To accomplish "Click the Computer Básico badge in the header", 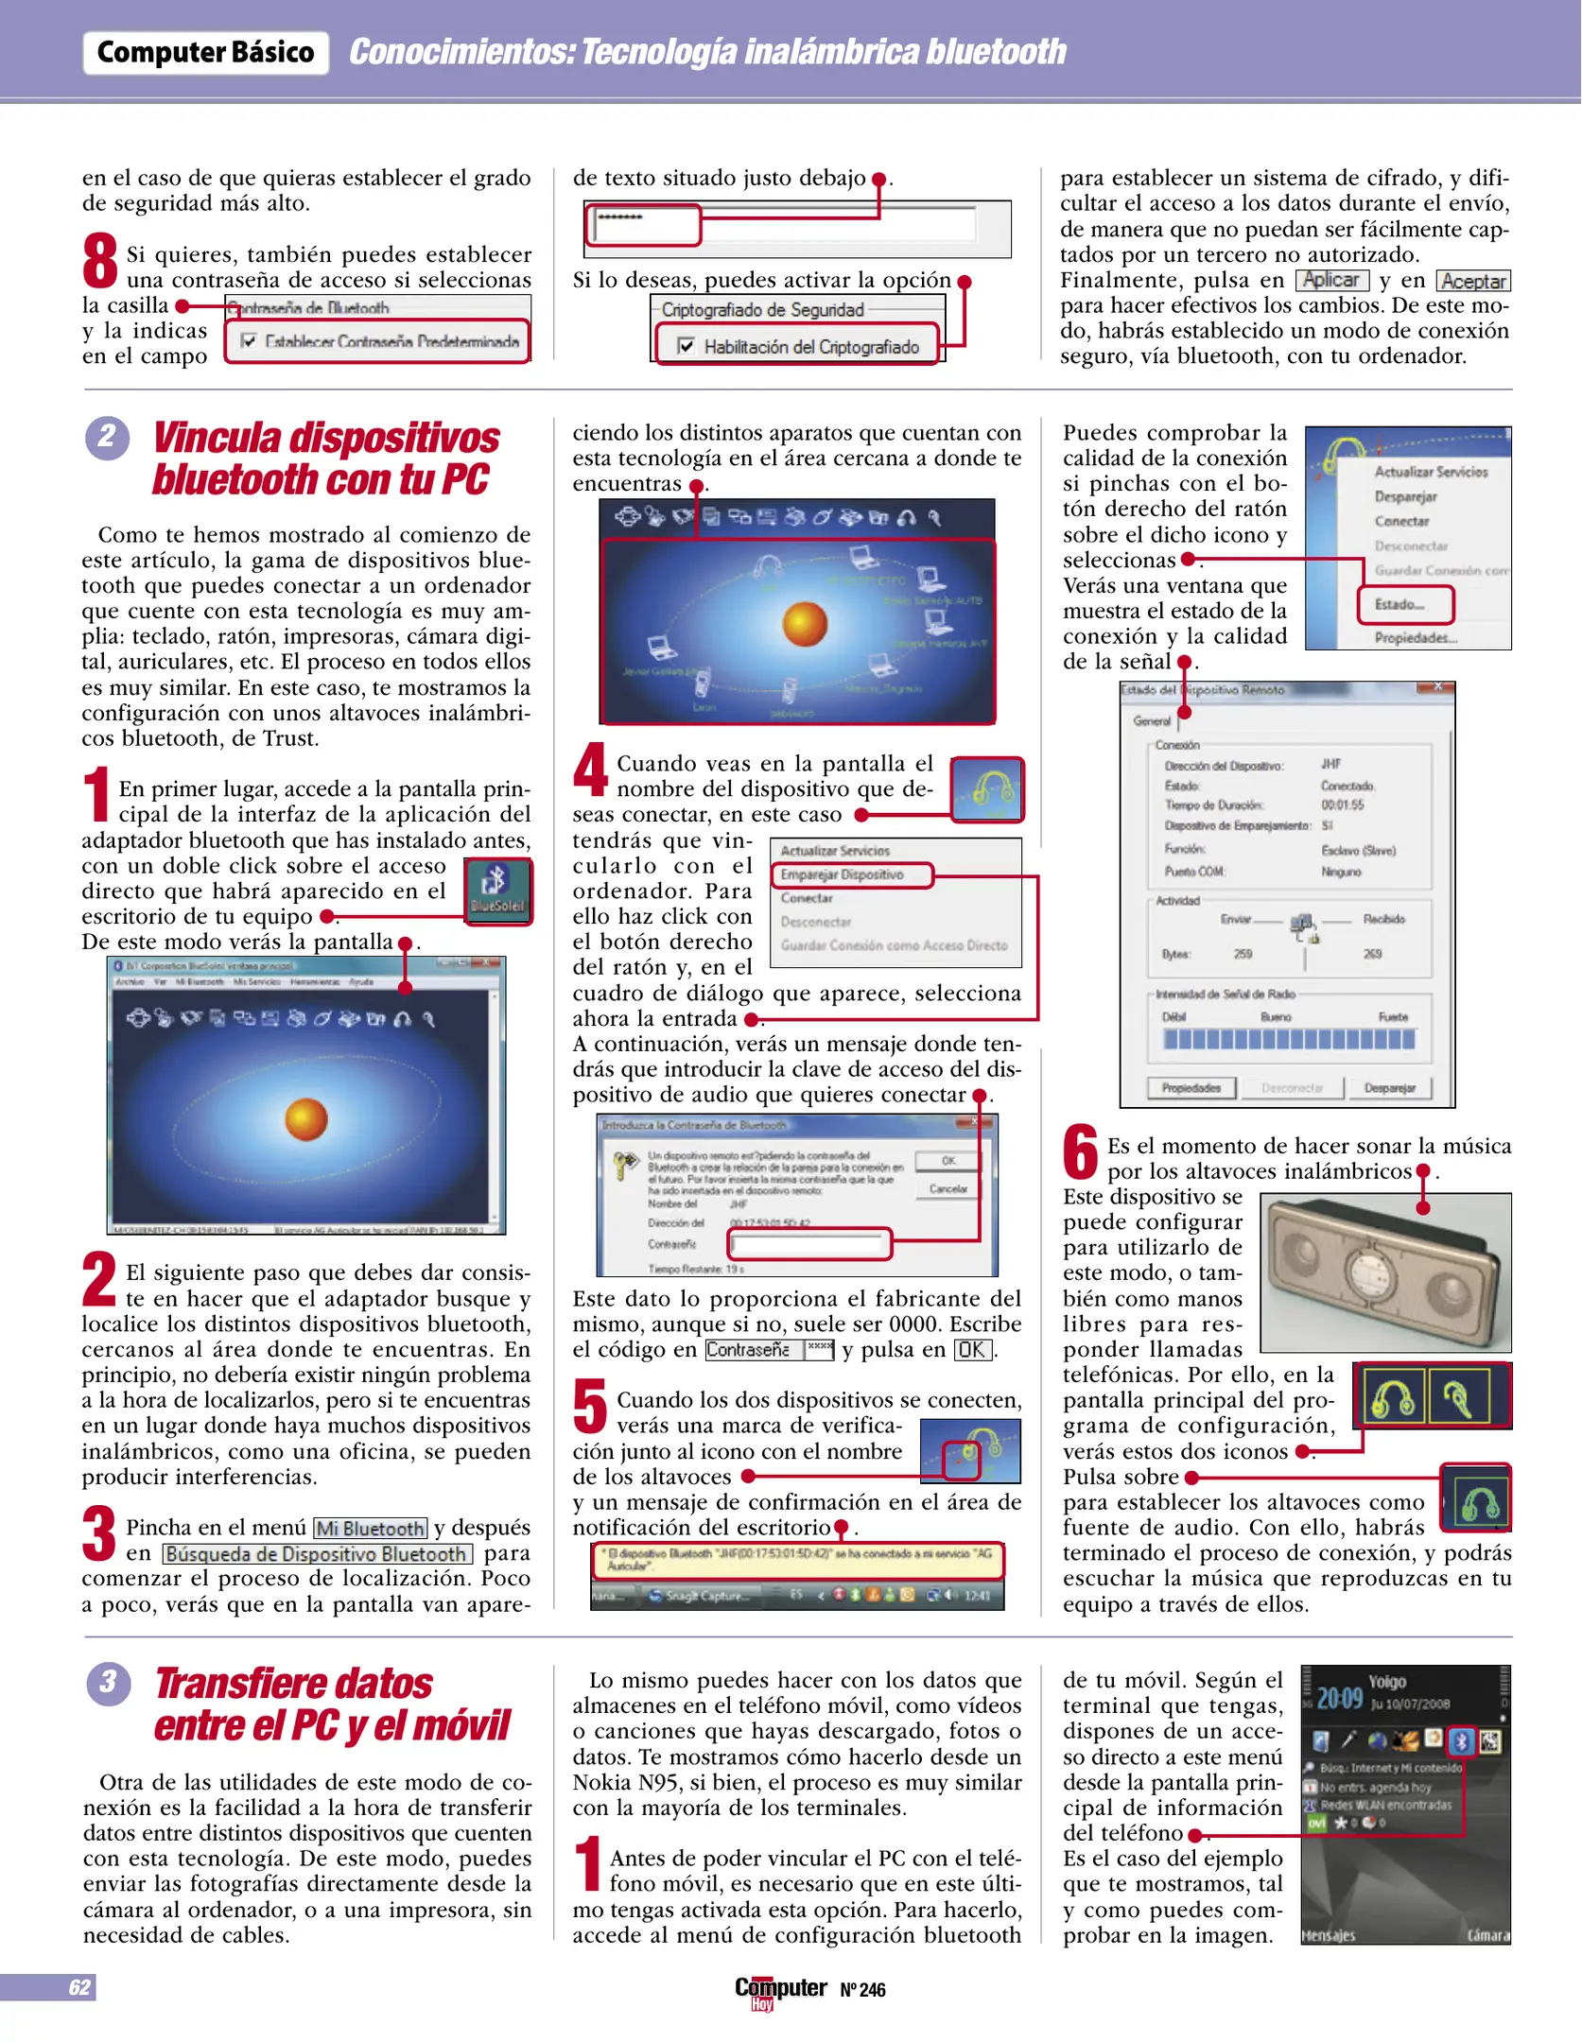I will pyautogui.click(x=205, y=53).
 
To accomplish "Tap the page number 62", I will pyautogui.click(x=79, y=1987).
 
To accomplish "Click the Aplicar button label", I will pyautogui.click(x=1331, y=281).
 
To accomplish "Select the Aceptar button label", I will pyautogui.click(x=1473, y=282).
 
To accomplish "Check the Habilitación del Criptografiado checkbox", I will pyautogui.click(x=687, y=347).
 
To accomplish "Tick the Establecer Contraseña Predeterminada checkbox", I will pyautogui.click(x=249, y=341).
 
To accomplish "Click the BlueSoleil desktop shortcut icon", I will pyautogui.click(x=497, y=890).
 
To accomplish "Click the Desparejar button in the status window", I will pyautogui.click(x=1389, y=1088).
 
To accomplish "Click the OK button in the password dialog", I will pyautogui.click(x=947, y=1161).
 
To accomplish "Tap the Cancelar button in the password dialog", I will pyautogui.click(x=947, y=1189).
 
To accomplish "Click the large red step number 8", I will pyautogui.click(x=99, y=262).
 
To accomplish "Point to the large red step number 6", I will pyautogui.click(x=1080, y=1152).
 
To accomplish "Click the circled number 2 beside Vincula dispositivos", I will pyautogui.click(x=107, y=438).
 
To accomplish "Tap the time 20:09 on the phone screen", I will pyautogui.click(x=1339, y=1699).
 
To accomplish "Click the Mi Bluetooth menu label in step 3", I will pyautogui.click(x=371, y=1529).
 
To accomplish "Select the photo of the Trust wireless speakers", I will pyautogui.click(x=1385, y=1272).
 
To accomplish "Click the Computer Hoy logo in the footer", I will pyautogui.click(x=780, y=1991).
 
